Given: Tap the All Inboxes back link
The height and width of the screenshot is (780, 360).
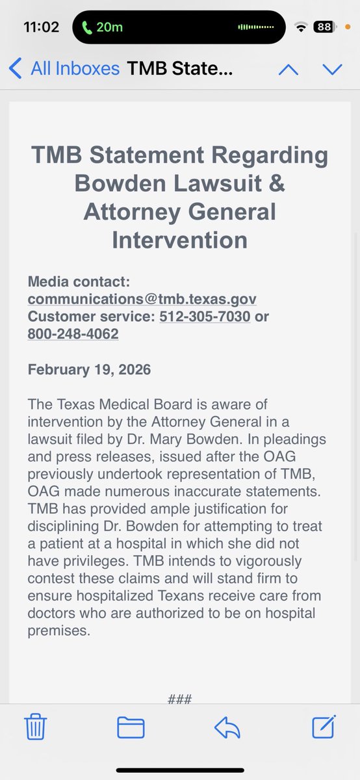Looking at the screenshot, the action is pos(65,68).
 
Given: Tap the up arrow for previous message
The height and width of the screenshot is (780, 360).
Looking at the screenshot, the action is pos(289,69).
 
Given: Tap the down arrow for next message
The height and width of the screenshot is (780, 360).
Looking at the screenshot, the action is pos(332,69).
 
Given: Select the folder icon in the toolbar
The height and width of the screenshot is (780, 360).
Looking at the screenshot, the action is pos(131,727).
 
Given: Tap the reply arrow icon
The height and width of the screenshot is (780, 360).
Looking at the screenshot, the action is pos(227,727).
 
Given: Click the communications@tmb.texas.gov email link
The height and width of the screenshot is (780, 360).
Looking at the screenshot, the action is pos(142,300).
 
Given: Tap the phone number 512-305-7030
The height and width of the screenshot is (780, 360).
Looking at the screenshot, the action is pos(205,317).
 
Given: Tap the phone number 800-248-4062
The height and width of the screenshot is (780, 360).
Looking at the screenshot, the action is pos(73,334).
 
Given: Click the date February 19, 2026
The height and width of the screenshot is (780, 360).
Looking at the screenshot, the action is pos(89,370).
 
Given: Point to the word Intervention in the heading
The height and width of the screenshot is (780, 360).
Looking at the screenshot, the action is pos(179,240).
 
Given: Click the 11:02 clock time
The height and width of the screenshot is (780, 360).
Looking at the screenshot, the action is pos(41,27).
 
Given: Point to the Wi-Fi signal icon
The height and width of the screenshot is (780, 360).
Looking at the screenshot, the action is pos(301,27).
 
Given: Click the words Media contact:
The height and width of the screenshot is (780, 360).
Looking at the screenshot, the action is pos(79,282).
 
